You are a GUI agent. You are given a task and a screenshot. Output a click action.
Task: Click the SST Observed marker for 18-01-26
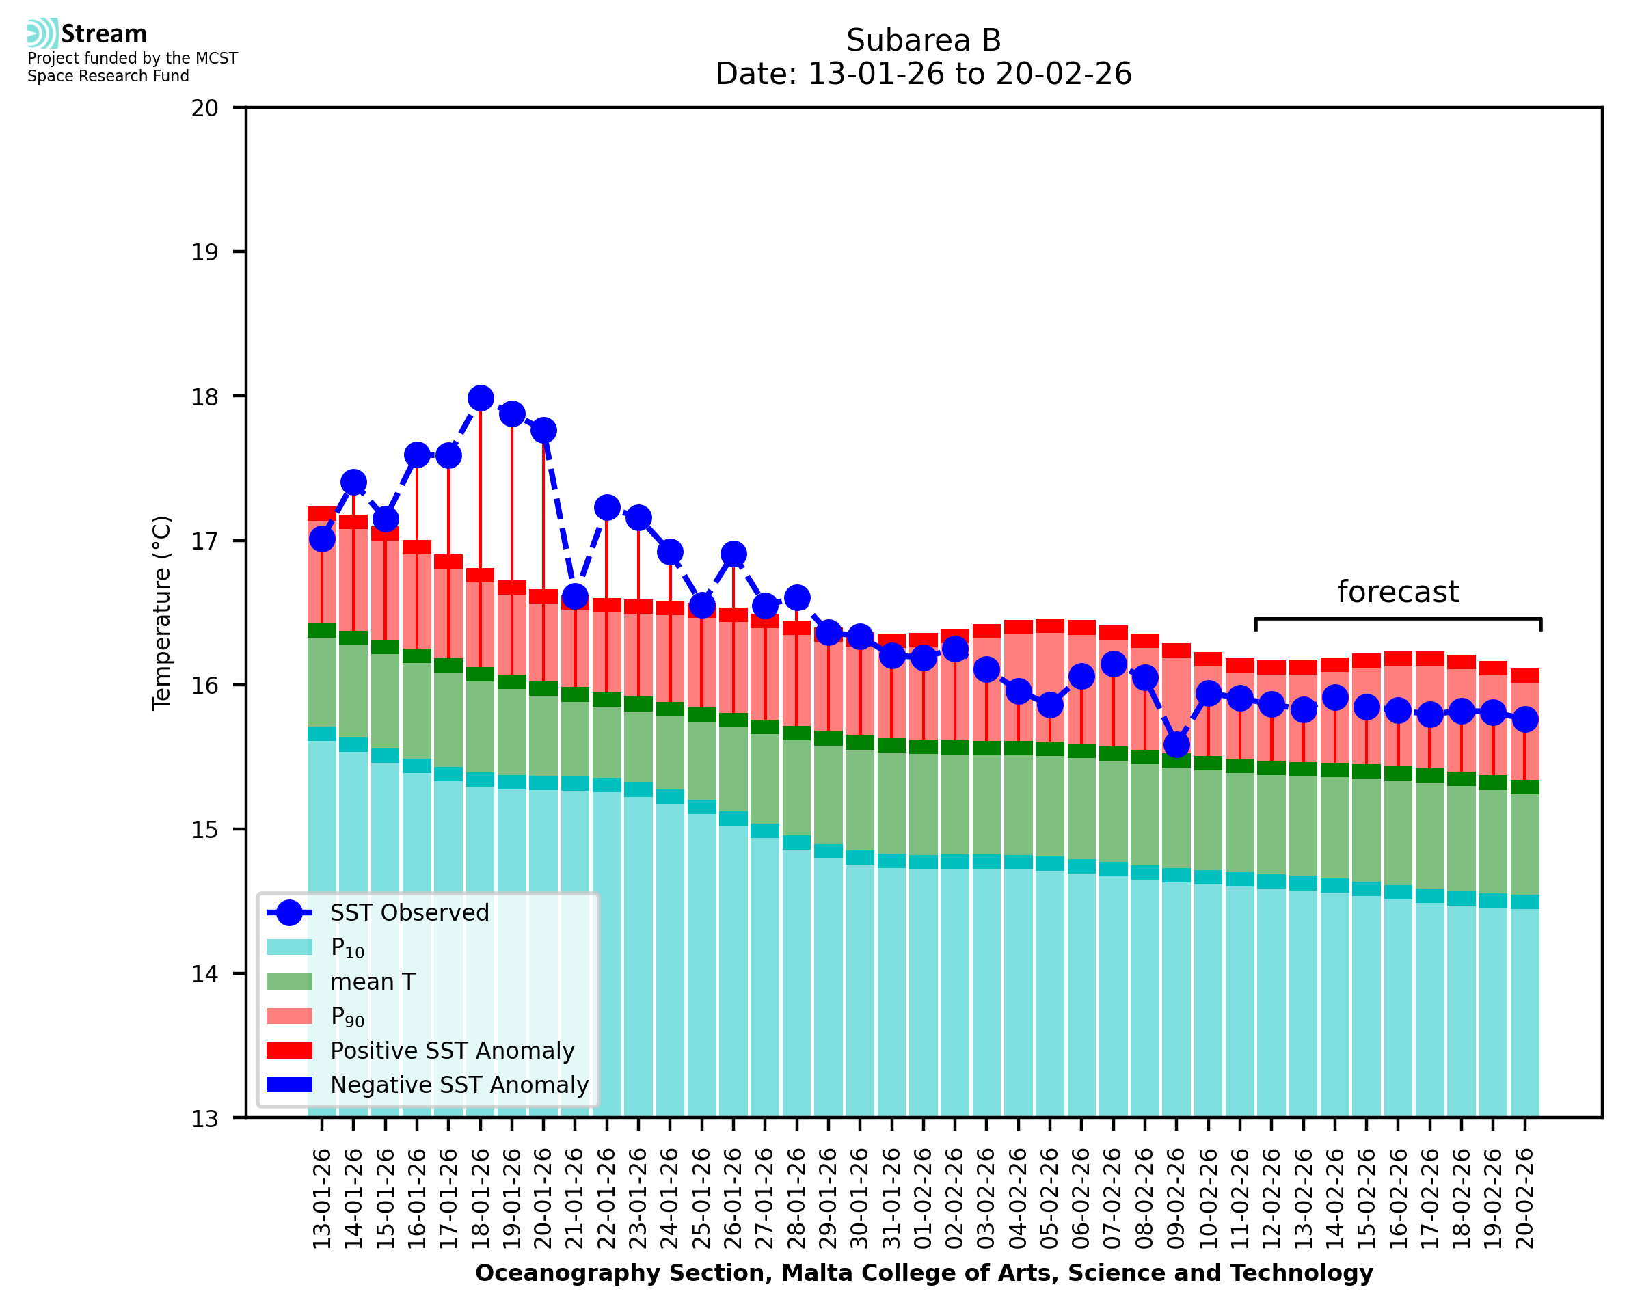pos(481,398)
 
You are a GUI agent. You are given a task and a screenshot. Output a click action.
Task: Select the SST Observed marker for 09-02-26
pos(1176,745)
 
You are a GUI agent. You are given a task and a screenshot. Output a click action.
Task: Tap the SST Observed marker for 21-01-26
pos(575,597)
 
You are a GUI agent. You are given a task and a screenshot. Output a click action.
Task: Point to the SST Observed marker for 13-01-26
pos(322,539)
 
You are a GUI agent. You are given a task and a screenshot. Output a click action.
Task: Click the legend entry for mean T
pos(373,982)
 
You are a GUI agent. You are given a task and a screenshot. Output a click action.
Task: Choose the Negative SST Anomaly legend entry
pos(459,1085)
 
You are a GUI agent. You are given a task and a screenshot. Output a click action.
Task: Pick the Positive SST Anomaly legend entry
pos(453,1051)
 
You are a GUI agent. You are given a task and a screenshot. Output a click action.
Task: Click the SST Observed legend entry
pos(409,913)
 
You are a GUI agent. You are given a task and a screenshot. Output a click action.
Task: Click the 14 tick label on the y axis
pos(205,974)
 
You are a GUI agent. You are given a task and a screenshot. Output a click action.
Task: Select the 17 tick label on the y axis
pos(205,541)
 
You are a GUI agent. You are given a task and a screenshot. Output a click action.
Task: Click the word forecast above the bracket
pos(1397,592)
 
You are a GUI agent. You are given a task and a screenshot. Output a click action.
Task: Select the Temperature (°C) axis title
pos(162,612)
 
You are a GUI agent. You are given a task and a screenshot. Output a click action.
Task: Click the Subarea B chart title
pos(924,40)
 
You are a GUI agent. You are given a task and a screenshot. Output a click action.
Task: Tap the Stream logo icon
pos(42,33)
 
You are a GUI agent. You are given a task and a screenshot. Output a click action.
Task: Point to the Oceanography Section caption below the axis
pos(924,1273)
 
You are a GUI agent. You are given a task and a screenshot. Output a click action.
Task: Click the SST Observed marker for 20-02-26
pos(1524,719)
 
